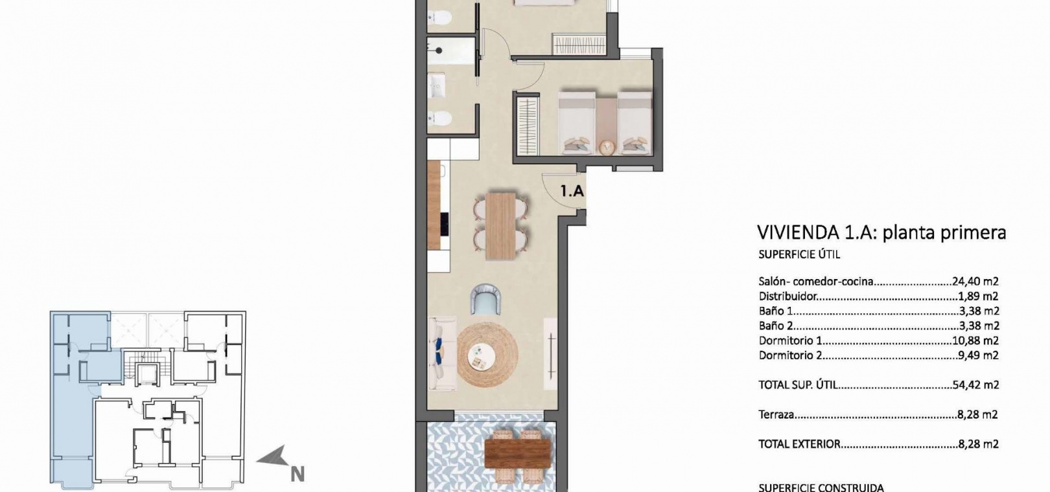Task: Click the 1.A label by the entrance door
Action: [x=572, y=191]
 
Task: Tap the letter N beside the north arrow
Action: [x=297, y=475]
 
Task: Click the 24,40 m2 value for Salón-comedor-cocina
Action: [x=975, y=282]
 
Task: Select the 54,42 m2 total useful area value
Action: [x=975, y=385]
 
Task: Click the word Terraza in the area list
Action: [x=776, y=414]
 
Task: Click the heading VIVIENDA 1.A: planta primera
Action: [x=881, y=232]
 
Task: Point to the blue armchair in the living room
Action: [x=485, y=299]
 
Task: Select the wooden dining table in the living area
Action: [x=500, y=226]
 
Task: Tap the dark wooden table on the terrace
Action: [x=517, y=454]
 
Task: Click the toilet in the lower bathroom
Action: [x=439, y=118]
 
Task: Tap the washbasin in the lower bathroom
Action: [x=436, y=85]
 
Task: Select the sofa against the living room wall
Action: [x=442, y=354]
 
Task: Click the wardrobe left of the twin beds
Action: [x=528, y=124]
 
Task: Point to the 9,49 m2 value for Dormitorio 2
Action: [x=978, y=355]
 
